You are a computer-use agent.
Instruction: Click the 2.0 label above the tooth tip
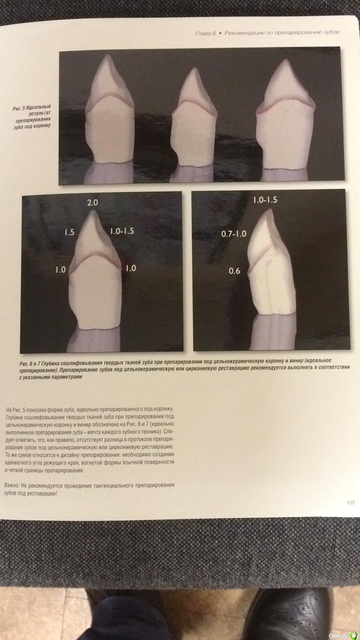(x=92, y=202)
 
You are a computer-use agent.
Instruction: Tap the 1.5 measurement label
(x=69, y=232)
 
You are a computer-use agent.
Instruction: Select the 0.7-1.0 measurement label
(x=233, y=234)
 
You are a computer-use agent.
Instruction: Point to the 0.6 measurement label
(x=234, y=271)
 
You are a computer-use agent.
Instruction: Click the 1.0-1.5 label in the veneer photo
(x=265, y=199)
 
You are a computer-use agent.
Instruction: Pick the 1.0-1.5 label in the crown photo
(x=122, y=231)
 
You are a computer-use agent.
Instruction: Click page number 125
(x=350, y=502)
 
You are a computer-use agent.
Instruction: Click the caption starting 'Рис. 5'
(x=32, y=116)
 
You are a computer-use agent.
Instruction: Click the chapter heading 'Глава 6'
(x=205, y=33)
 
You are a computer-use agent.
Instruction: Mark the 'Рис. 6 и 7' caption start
(x=29, y=363)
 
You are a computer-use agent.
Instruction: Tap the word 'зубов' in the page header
(x=331, y=32)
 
